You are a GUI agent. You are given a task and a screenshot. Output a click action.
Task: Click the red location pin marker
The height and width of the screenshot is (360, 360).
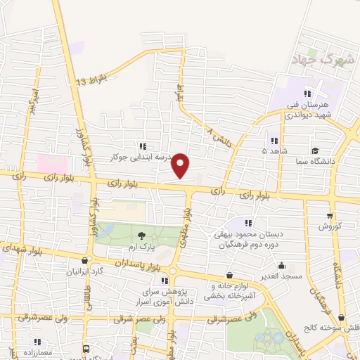[x=181, y=165]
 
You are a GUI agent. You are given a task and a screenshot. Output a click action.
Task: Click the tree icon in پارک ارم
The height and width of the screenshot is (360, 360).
[x=141, y=235]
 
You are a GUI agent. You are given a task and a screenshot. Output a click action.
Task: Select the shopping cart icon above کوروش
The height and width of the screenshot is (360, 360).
[x=330, y=215]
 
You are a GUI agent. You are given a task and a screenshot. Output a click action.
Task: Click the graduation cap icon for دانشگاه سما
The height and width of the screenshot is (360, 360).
[x=315, y=150]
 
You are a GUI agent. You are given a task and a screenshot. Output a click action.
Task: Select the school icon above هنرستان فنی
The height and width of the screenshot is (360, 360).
[x=307, y=93]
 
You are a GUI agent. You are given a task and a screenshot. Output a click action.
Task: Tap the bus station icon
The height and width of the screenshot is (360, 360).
[x=86, y=349]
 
